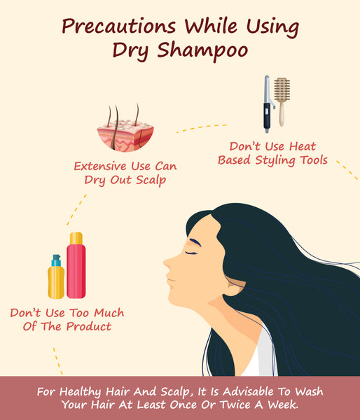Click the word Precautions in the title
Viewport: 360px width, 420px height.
119,26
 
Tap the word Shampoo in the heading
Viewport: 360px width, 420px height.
202,51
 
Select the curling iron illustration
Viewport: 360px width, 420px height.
268,104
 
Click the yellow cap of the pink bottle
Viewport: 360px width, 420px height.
76,238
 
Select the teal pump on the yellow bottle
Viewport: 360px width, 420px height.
56,260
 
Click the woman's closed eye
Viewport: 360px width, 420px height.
191,253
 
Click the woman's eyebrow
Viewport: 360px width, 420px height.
195,242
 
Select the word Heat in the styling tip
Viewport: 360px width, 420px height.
303,146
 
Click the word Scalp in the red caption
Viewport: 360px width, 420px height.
151,181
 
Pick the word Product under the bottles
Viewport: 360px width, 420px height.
89,326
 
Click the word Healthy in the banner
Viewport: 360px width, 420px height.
80,392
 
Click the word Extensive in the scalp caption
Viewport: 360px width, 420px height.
100,167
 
